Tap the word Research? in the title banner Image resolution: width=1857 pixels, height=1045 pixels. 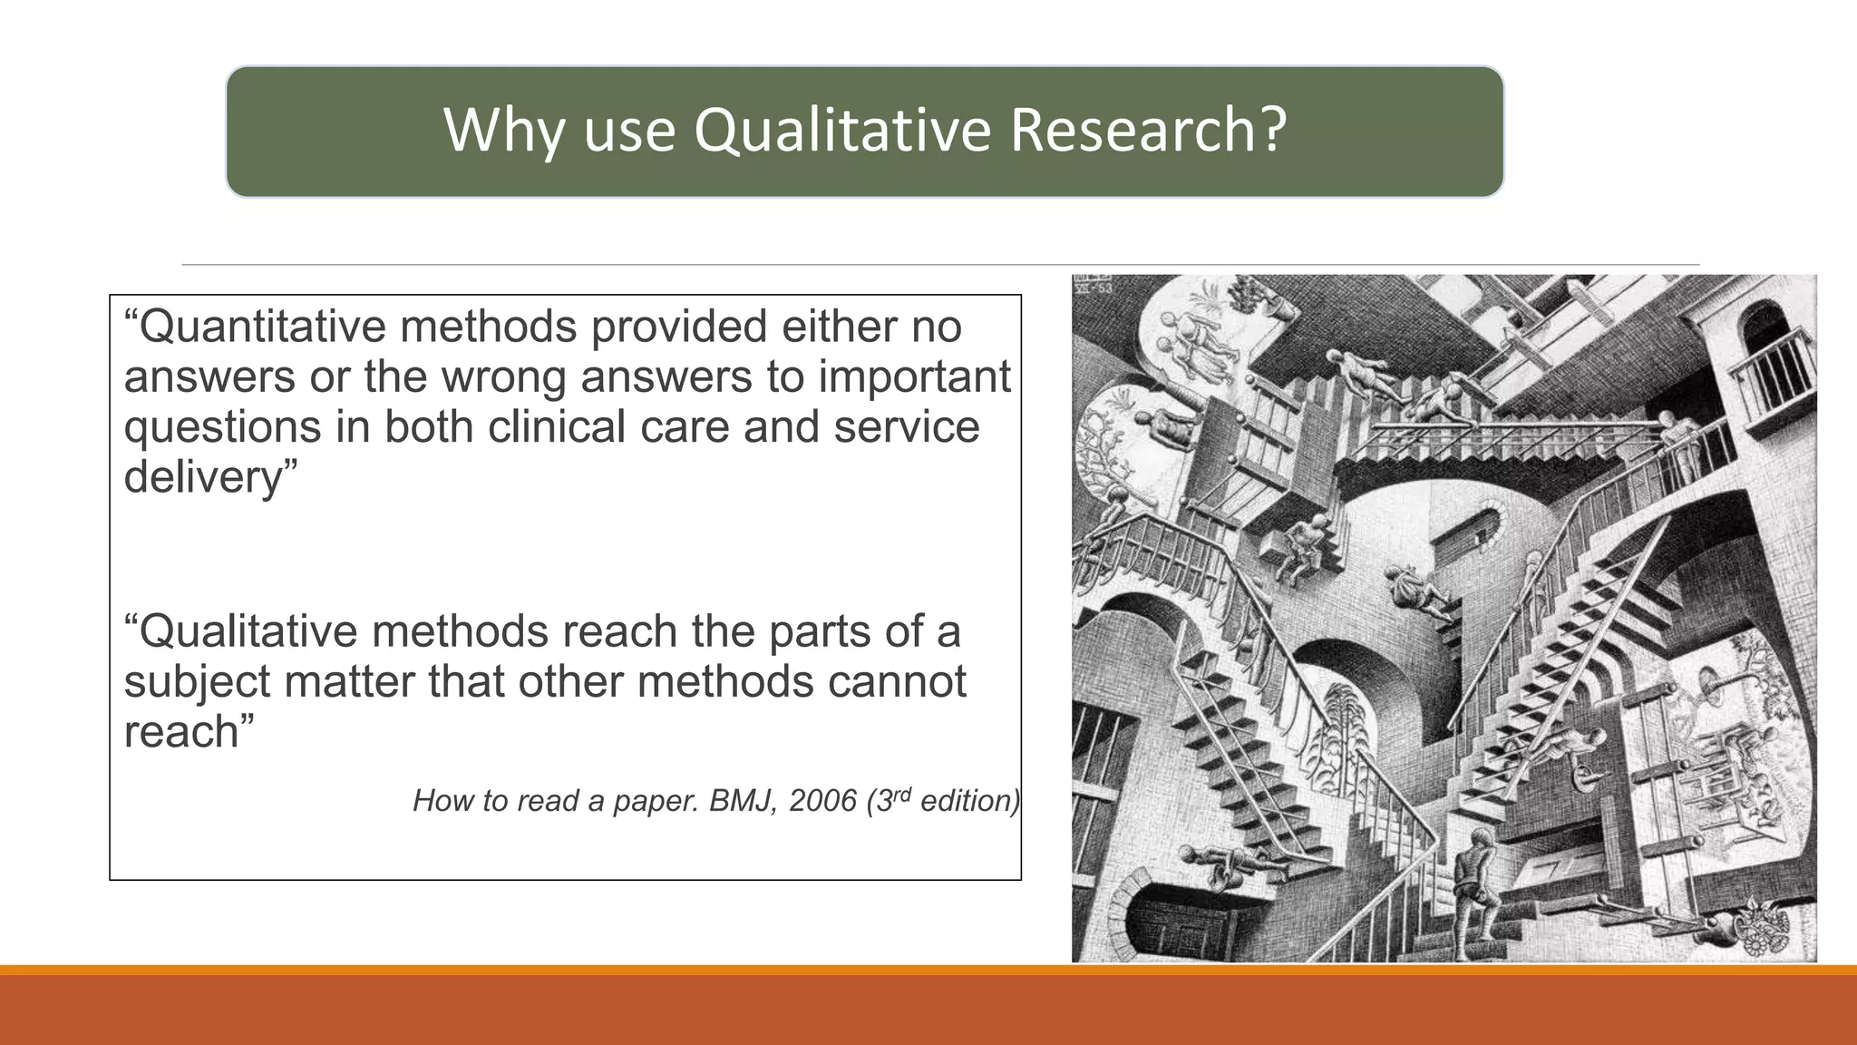click(1147, 130)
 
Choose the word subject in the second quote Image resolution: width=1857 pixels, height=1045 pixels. click(197, 681)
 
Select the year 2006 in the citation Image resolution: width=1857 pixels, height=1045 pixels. click(822, 800)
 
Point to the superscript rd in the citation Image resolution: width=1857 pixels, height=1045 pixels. click(899, 794)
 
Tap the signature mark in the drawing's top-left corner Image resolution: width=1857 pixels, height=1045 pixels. click(1094, 284)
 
